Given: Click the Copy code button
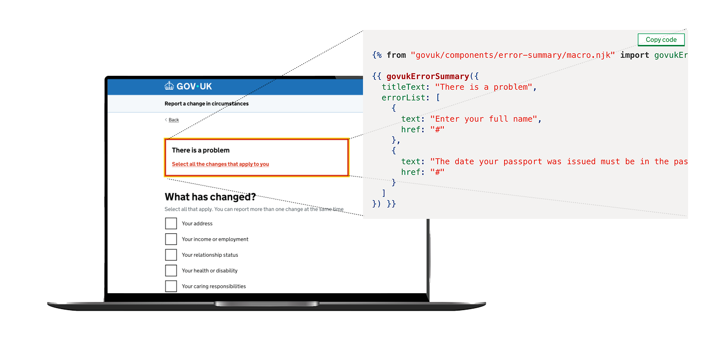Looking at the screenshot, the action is click(661, 40).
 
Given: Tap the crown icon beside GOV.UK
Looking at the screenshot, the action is click(170, 86).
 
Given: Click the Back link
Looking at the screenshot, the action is click(174, 120).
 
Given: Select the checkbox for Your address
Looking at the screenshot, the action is click(171, 223).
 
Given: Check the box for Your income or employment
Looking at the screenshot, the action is click(171, 239).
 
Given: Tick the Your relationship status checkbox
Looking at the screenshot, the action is click(171, 255).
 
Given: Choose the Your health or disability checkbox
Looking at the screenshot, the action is click(171, 271).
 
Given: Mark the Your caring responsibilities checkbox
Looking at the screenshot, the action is click(171, 286).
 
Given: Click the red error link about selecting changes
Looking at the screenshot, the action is click(220, 164).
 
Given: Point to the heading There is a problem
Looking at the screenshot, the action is click(200, 150).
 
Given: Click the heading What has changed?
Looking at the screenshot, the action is click(210, 197).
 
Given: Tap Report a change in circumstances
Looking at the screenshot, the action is click(206, 104).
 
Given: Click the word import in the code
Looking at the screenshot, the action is click(635, 55).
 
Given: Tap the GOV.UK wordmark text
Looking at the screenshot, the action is click(194, 86).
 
